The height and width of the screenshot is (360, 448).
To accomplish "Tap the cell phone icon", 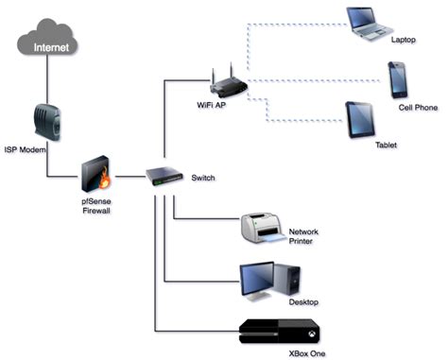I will tap(397, 80).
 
